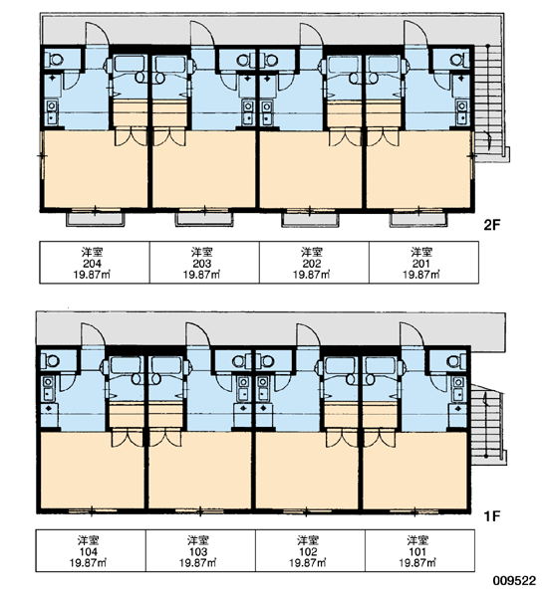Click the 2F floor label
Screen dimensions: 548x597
point(491,225)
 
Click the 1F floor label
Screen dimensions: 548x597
point(491,515)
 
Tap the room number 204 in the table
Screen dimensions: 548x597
point(92,263)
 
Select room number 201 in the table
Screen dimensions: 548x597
point(421,263)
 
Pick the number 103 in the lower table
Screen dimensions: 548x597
point(198,551)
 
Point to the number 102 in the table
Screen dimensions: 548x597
point(308,551)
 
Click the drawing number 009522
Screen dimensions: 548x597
point(515,581)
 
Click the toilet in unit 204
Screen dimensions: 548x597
point(54,60)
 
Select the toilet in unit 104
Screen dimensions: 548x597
point(50,360)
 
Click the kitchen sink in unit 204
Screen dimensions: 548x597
point(52,111)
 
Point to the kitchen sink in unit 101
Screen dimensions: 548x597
point(457,389)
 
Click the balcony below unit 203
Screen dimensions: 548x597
point(203,219)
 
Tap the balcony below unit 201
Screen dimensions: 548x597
point(418,219)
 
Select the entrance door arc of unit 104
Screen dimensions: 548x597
point(93,334)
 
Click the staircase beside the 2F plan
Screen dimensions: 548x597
point(491,103)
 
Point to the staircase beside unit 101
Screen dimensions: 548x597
point(488,424)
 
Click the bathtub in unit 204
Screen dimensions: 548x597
point(130,64)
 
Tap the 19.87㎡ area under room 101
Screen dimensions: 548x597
point(417,562)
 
